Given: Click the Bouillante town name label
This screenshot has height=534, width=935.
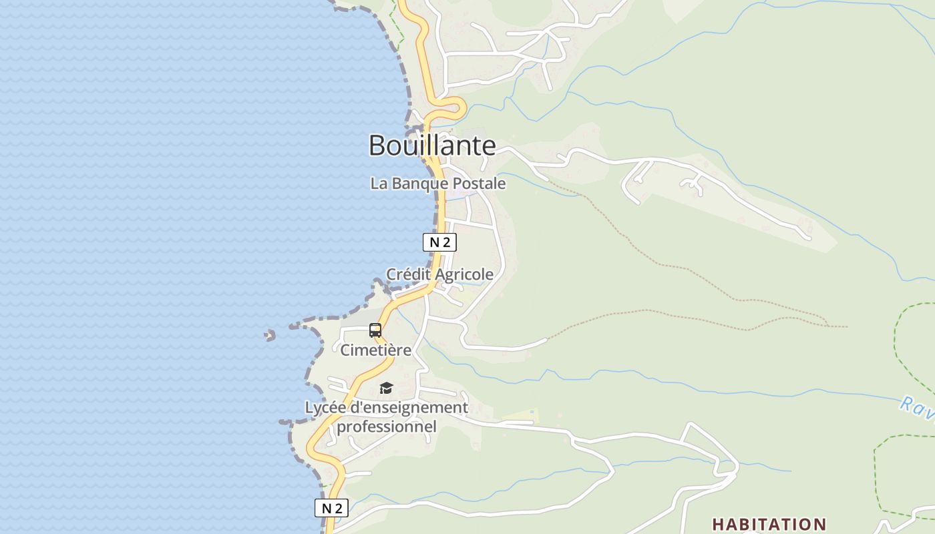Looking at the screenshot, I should (432, 146).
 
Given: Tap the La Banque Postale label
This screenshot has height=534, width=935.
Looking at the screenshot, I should (437, 183).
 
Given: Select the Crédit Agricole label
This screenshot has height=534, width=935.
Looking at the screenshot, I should (439, 274).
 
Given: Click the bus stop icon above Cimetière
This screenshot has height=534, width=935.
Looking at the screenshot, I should (375, 330).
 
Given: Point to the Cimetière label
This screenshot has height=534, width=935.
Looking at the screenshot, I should (375, 350).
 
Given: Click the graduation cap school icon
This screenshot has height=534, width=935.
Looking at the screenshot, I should (386, 388).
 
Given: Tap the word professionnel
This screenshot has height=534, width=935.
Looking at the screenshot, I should (387, 426).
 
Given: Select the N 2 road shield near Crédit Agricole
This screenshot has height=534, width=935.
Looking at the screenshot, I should (439, 242).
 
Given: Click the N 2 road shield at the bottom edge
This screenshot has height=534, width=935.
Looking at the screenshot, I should (331, 508).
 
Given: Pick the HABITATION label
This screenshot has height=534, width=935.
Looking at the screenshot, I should (769, 524).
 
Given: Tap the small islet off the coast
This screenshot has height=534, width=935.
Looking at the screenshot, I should (270, 335).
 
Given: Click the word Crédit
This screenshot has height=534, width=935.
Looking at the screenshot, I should (408, 274).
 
